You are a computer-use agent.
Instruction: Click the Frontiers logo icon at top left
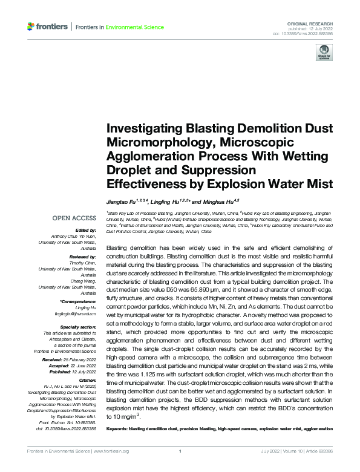(x=31, y=27)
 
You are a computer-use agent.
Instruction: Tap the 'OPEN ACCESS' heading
(x=74, y=218)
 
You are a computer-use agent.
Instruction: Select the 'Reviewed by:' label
(x=83, y=257)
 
